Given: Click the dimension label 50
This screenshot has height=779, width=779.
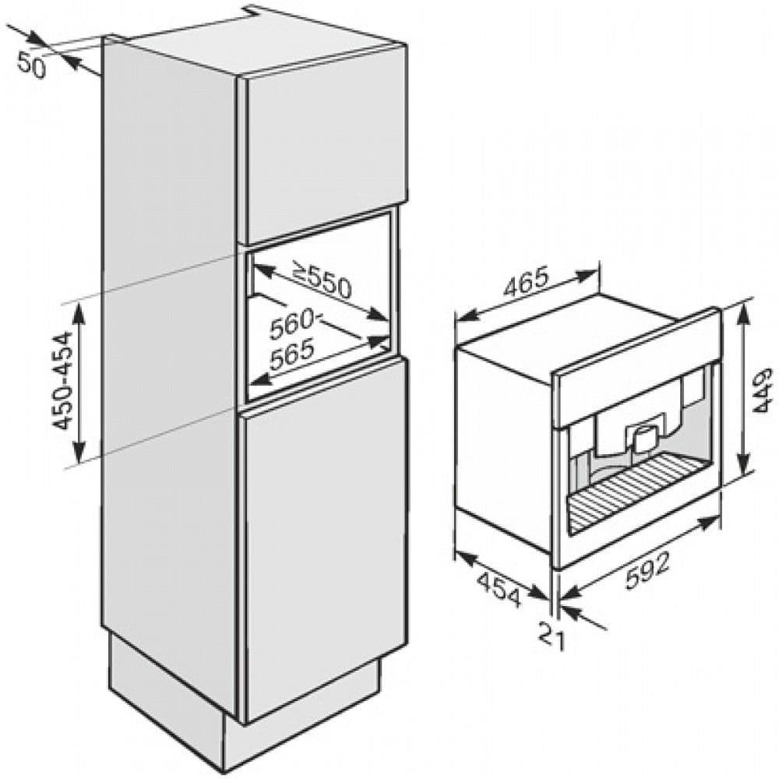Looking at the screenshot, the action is point(31,64).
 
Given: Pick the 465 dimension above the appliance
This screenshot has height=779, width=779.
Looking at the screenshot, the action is point(526,282).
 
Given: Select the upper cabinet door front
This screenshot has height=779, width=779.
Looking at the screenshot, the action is point(326,153).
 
